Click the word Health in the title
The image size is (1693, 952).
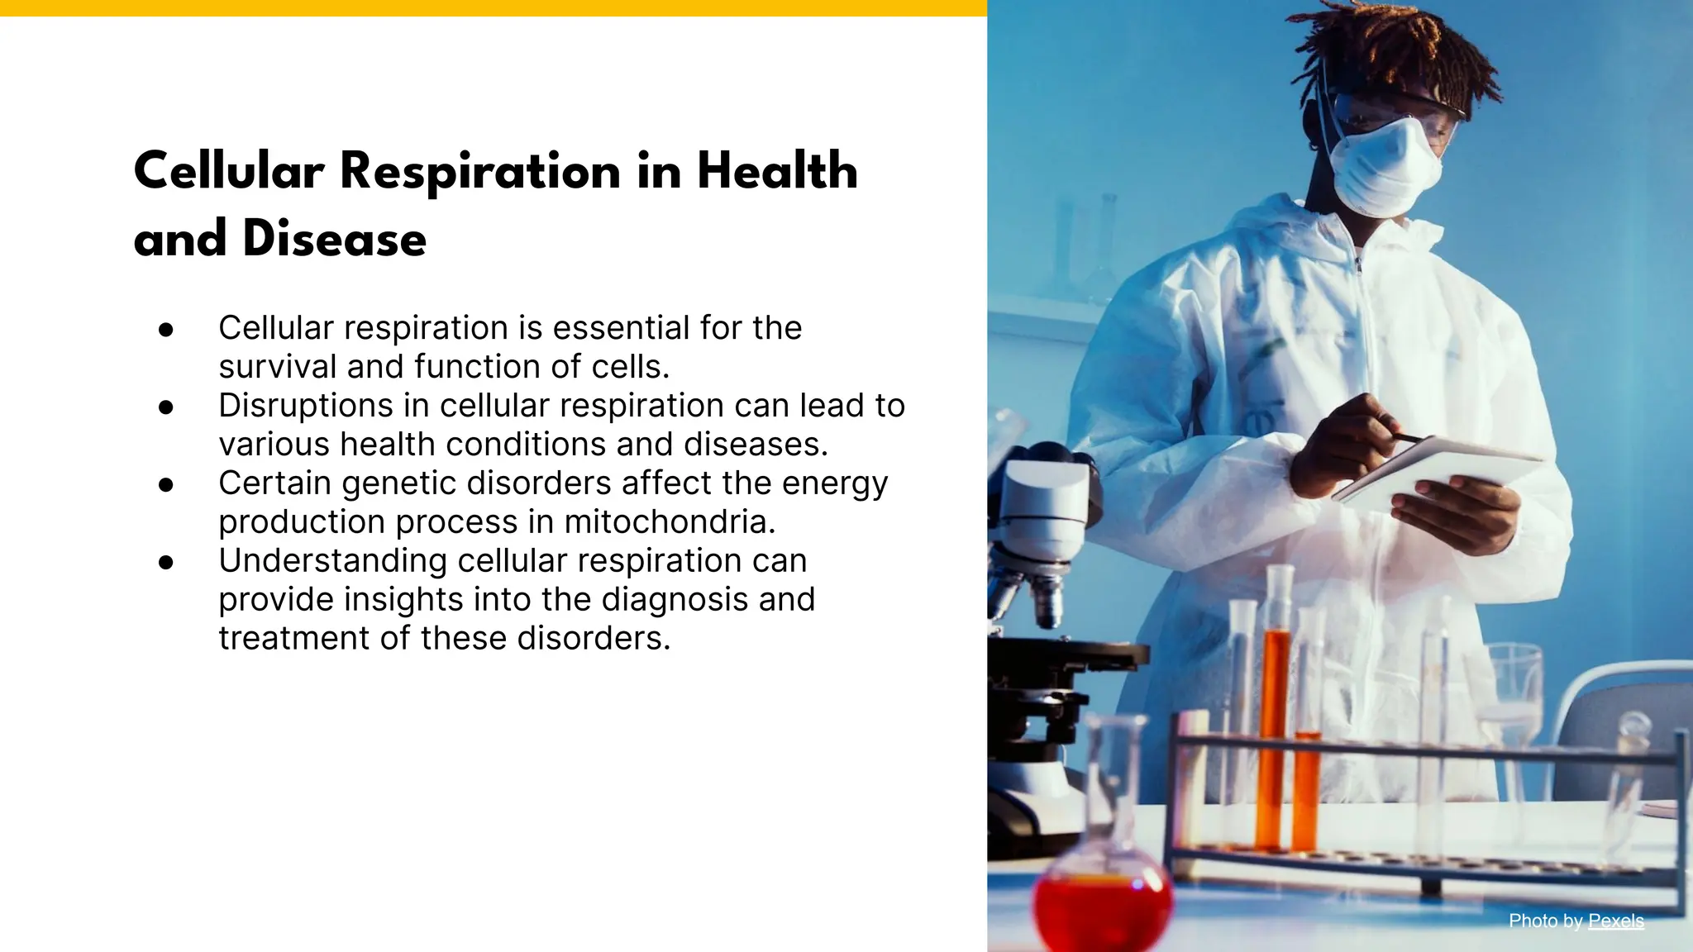pyautogui.click(x=777, y=171)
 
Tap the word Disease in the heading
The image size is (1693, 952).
pyautogui.click(x=334, y=239)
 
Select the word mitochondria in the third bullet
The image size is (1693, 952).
pyautogui.click(x=670, y=521)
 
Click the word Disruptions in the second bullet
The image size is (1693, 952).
pyautogui.click(x=306, y=406)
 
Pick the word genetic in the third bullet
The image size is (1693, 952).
pyautogui.click(x=399, y=483)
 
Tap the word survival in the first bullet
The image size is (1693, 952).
pyautogui.click(x=278, y=367)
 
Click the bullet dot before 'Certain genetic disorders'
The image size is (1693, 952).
pyautogui.click(x=166, y=485)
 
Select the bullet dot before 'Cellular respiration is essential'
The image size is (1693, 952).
pyautogui.click(x=166, y=330)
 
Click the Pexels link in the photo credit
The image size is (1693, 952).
pyautogui.click(x=1615, y=921)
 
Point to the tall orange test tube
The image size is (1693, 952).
pyautogui.click(x=1276, y=727)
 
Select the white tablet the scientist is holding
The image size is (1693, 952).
pyautogui.click(x=1438, y=471)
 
